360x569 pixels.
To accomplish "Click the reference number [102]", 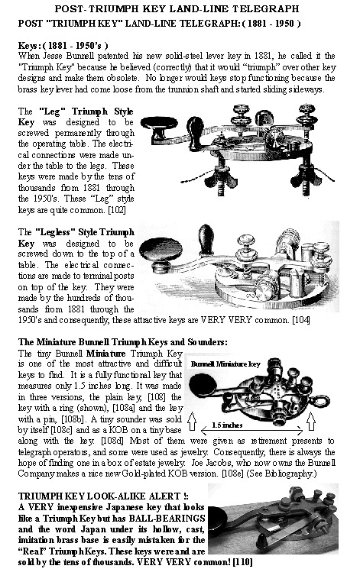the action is [117, 210].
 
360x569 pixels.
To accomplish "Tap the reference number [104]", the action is [301, 321].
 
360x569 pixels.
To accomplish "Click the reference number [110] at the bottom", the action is [242, 562].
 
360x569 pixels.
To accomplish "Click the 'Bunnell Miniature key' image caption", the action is [225, 364].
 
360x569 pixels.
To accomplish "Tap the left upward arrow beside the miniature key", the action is [192, 422].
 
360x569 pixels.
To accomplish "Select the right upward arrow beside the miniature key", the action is [311, 421].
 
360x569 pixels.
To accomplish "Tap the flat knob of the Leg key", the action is [159, 124].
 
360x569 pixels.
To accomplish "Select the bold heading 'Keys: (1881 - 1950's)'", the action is [63, 46].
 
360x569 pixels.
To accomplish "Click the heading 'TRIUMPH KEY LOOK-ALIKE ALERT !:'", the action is [103, 496].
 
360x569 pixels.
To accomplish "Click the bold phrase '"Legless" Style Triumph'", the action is [85, 232].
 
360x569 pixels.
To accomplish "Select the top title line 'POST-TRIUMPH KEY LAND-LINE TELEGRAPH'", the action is [177, 8].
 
